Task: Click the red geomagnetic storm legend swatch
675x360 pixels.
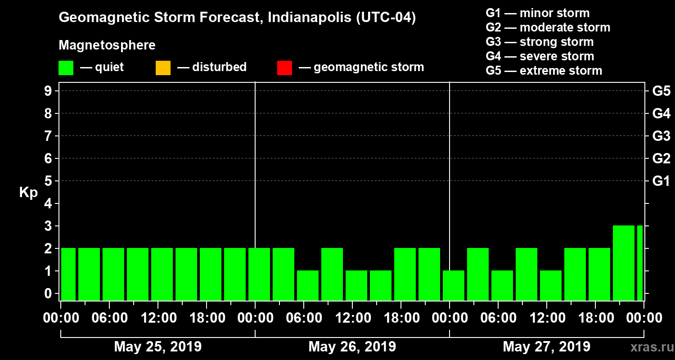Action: pyautogui.click(x=284, y=68)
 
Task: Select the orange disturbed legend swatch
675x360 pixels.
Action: pyautogui.click(x=163, y=68)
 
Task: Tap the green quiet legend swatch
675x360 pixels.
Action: pyautogui.click(x=66, y=68)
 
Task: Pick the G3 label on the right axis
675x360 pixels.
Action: pyautogui.click(x=661, y=136)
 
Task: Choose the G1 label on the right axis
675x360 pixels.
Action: pyautogui.click(x=661, y=181)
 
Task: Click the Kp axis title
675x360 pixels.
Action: pyautogui.click(x=28, y=193)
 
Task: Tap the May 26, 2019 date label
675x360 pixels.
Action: pyautogui.click(x=352, y=347)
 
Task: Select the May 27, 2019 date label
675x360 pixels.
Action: pyautogui.click(x=546, y=347)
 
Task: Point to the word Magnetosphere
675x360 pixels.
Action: pyautogui.click(x=107, y=45)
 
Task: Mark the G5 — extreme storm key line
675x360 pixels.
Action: pyautogui.click(x=544, y=71)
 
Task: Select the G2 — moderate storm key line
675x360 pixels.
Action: pyautogui.click(x=548, y=27)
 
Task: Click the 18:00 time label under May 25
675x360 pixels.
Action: pyautogui.click(x=207, y=318)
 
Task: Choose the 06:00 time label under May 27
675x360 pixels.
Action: pyautogui.click(x=498, y=318)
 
